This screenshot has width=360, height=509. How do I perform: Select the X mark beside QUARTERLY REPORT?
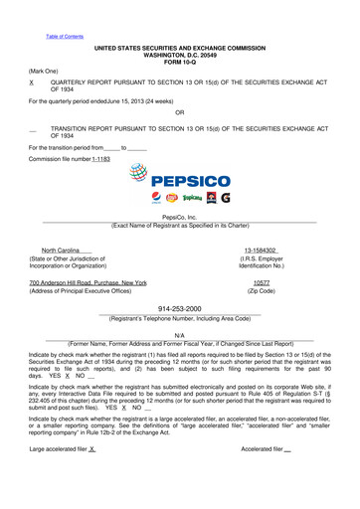(x=32, y=85)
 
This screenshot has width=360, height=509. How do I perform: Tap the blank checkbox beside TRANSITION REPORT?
(x=34, y=130)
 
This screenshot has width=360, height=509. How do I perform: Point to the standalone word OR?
(x=179, y=113)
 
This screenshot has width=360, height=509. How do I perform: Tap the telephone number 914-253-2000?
(x=179, y=309)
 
